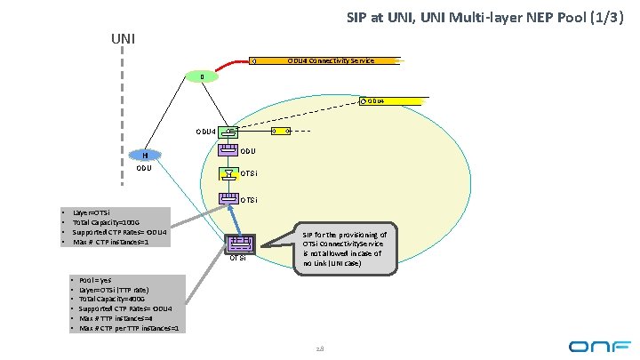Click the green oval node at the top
coord(203,77)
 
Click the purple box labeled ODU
coord(229,151)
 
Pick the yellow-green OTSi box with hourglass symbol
coord(229,172)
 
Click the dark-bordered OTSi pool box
coord(238,244)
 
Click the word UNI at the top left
coord(124,39)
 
